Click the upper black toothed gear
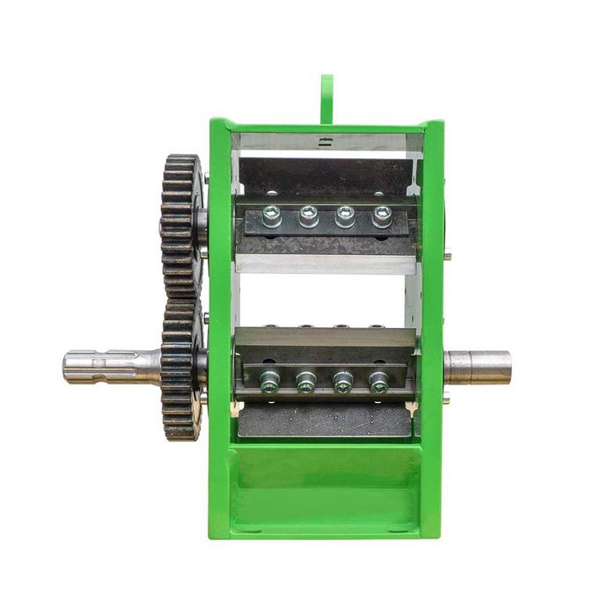click(181, 224)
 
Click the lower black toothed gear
click(181, 370)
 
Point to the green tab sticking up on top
click(327, 98)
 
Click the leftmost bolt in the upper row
click(272, 216)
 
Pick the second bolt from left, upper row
click(309, 215)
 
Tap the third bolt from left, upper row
click(345, 215)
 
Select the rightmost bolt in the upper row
click(382, 215)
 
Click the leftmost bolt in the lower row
click(269, 381)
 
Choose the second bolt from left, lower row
click(306, 382)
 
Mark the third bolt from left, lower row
click(343, 382)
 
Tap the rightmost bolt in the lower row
click(379, 382)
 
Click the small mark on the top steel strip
click(326, 141)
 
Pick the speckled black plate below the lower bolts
click(326, 421)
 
